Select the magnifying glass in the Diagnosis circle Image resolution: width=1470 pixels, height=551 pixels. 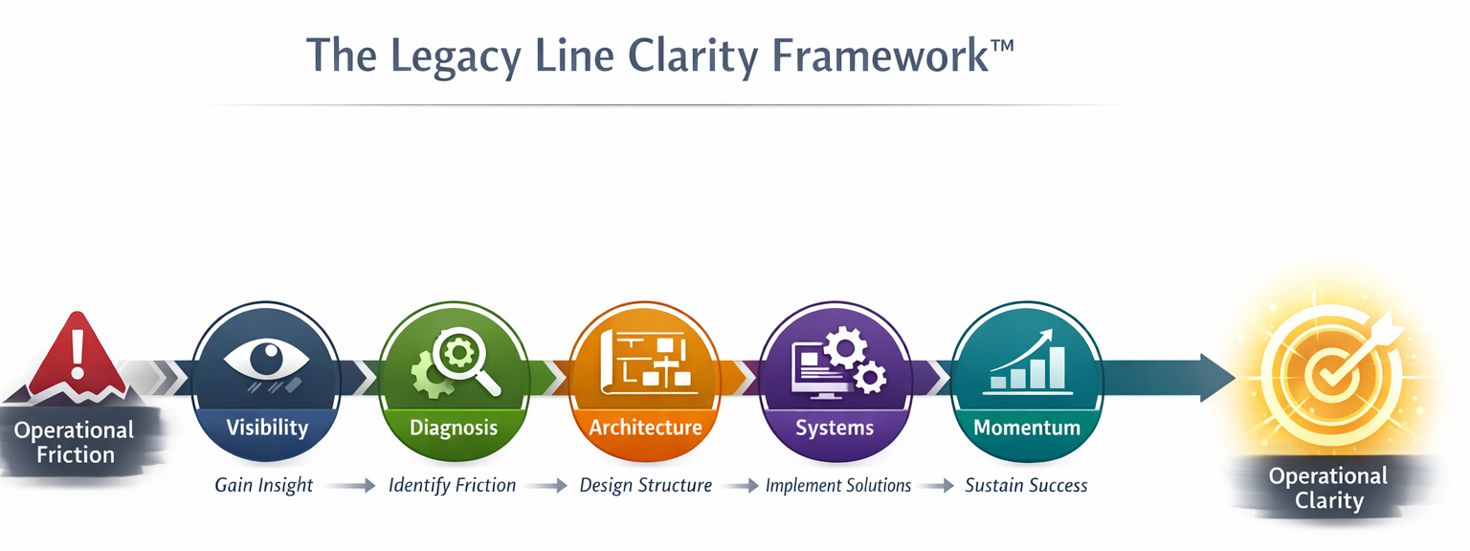(465, 358)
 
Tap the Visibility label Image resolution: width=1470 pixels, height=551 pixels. (266, 427)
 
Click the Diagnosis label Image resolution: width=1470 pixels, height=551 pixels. (454, 427)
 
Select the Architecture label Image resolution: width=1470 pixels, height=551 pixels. (645, 427)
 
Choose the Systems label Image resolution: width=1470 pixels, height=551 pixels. (835, 427)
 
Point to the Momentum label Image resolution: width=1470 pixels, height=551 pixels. (1027, 427)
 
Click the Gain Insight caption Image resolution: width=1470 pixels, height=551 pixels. (263, 485)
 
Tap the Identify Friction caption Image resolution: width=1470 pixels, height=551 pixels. (452, 485)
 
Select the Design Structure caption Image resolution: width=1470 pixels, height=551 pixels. (646, 485)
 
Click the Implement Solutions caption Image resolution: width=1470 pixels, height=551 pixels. (838, 485)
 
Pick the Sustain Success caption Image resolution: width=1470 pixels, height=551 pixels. (1026, 485)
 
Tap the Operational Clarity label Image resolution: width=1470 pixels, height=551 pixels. (1327, 488)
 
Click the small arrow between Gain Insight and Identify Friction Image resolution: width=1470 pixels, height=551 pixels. (354, 486)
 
